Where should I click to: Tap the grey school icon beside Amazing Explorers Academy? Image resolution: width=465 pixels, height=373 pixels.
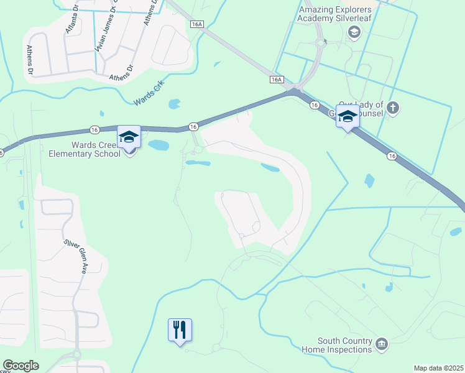click(x=354, y=32)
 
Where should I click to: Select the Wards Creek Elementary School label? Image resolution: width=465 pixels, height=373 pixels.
click(x=86, y=149)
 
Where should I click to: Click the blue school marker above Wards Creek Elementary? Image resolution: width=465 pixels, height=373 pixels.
click(x=129, y=137)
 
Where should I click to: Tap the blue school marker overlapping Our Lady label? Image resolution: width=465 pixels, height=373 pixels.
click(x=348, y=116)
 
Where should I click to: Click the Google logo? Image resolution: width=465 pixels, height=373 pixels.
click(x=21, y=366)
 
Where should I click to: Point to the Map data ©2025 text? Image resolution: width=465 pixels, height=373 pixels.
click(x=438, y=368)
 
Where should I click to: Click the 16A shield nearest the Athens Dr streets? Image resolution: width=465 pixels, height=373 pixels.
click(x=197, y=24)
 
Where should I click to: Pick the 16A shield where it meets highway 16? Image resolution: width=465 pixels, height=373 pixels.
click(x=277, y=80)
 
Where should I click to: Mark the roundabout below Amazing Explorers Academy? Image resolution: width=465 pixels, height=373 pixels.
click(x=321, y=43)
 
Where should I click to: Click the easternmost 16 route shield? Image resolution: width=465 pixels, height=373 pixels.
click(x=391, y=155)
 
